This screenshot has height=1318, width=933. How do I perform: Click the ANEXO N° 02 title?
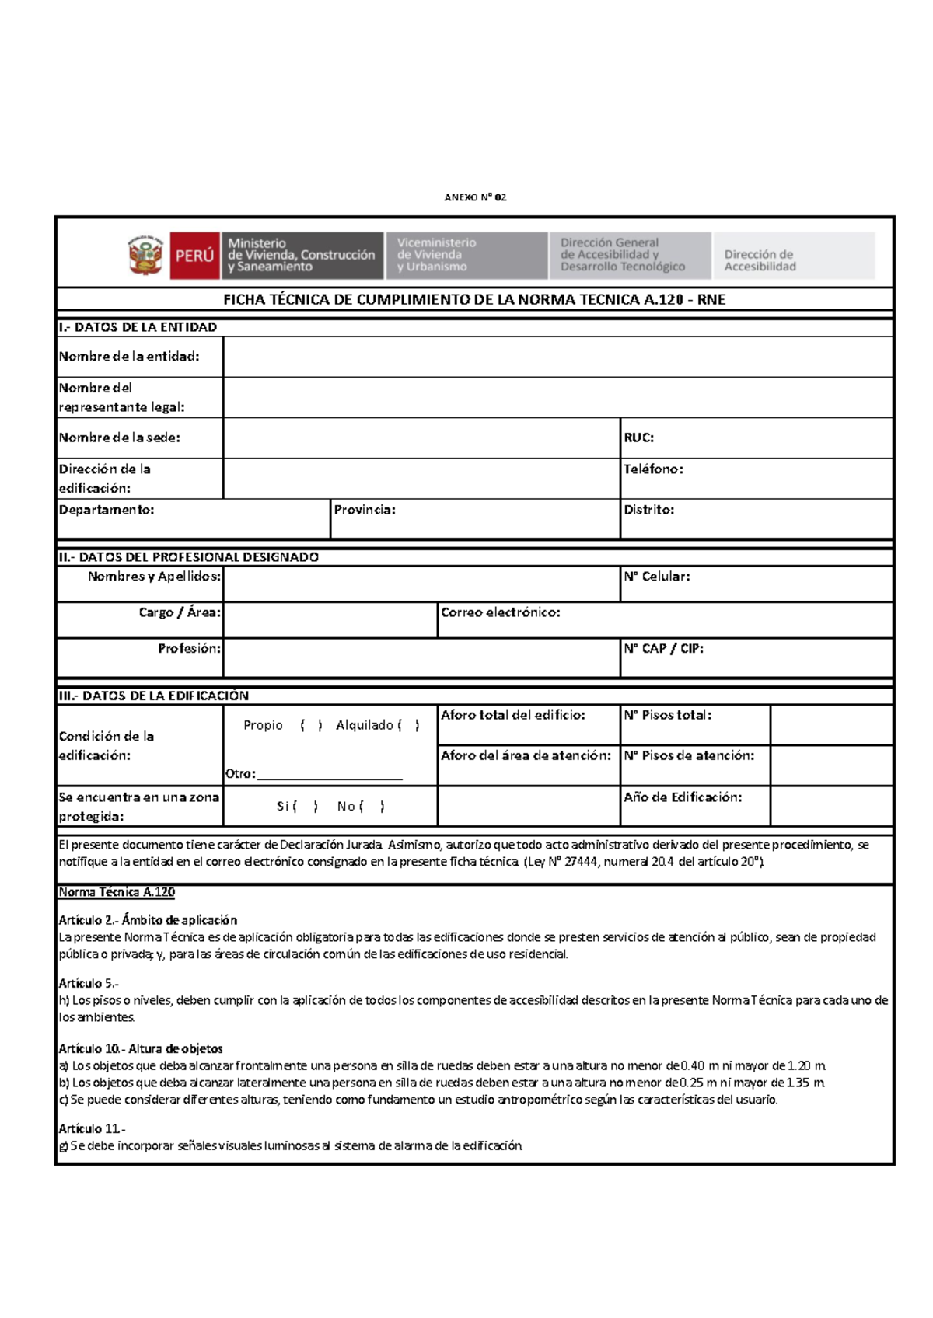tap(475, 197)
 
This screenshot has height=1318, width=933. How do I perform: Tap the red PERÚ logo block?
tap(194, 256)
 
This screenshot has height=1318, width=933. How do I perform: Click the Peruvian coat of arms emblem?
tap(145, 256)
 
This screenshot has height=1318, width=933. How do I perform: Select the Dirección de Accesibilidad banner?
tap(793, 256)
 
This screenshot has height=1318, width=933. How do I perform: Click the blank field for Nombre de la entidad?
tap(557, 357)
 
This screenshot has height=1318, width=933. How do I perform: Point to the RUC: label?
tap(638, 438)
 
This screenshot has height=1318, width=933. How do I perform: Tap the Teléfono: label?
tap(653, 469)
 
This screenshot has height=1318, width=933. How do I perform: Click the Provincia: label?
tap(365, 510)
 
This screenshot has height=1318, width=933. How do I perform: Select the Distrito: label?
tap(648, 510)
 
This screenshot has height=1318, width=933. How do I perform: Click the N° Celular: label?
tap(656, 577)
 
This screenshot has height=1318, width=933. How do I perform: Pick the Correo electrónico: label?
tap(500, 612)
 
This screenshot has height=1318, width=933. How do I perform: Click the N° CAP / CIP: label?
tap(663, 648)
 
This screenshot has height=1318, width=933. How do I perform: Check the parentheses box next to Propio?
tap(311, 725)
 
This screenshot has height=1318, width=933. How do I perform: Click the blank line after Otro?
tap(330, 775)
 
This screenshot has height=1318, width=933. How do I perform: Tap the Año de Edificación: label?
tap(682, 797)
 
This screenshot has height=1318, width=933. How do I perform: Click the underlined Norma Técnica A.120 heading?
tap(117, 892)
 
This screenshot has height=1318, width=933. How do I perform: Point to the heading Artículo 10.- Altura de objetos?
tap(141, 1048)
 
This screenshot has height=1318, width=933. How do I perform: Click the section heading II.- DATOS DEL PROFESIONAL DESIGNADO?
tap(189, 557)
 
